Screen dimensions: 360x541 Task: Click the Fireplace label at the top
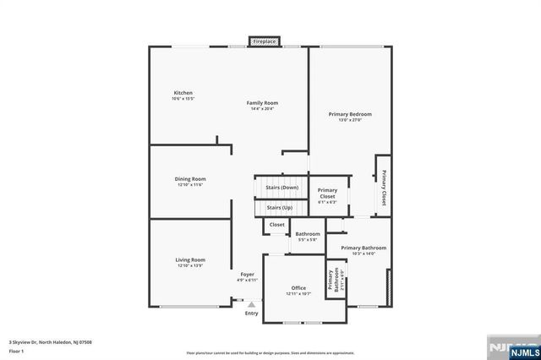[265, 41]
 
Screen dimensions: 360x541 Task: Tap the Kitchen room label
[183, 92]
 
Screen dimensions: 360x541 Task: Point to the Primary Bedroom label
[350, 114]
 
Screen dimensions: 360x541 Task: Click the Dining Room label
[190, 179]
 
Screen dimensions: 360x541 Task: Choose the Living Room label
[190, 260]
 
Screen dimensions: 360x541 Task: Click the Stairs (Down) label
[281, 188]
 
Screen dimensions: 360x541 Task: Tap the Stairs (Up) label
[280, 207]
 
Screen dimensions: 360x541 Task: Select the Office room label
[298, 288]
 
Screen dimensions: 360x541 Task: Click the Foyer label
[247, 275]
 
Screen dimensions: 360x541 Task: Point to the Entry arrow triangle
[251, 304]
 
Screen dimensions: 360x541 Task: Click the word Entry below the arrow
[251, 314]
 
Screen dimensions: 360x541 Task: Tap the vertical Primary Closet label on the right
[383, 188]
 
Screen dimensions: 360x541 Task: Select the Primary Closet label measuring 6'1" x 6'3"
[327, 194]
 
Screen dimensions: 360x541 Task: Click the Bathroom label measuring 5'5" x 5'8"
[307, 234]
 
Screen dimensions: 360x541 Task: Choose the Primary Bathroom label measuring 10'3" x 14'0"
[363, 248]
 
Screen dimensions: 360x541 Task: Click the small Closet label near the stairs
[276, 225]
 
